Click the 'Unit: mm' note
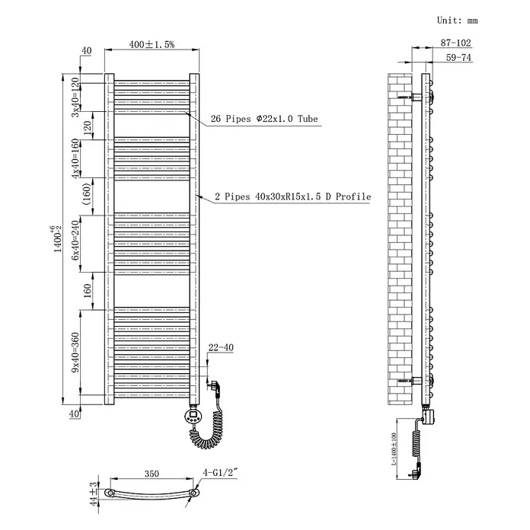(x=458, y=21)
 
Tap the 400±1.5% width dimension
(x=152, y=44)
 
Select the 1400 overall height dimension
(x=57, y=239)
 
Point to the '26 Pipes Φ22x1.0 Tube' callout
(x=264, y=119)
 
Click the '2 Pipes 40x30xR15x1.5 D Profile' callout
(x=293, y=196)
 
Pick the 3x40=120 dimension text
(x=75, y=97)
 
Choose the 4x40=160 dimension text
(x=75, y=158)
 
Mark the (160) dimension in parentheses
(x=87, y=194)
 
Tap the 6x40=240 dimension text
(x=75, y=240)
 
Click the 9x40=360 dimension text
(x=75, y=353)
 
